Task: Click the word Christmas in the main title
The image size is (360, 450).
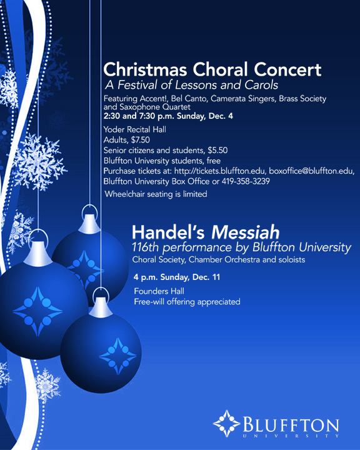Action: tap(145, 70)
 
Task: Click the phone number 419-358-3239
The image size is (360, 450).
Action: tap(246, 181)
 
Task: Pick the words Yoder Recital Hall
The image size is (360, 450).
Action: tap(134, 129)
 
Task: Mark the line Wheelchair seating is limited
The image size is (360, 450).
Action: tap(156, 194)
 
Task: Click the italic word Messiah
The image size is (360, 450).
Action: tap(246, 232)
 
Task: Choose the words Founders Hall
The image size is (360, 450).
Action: tap(159, 291)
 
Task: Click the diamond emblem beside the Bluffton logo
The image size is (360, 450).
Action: tap(226, 424)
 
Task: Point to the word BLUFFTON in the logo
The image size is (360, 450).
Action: tap(291, 424)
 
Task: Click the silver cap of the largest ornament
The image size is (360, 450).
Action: tap(38, 254)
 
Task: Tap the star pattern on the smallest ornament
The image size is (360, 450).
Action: tap(117, 356)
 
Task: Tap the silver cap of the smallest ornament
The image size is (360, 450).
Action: tap(101, 307)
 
